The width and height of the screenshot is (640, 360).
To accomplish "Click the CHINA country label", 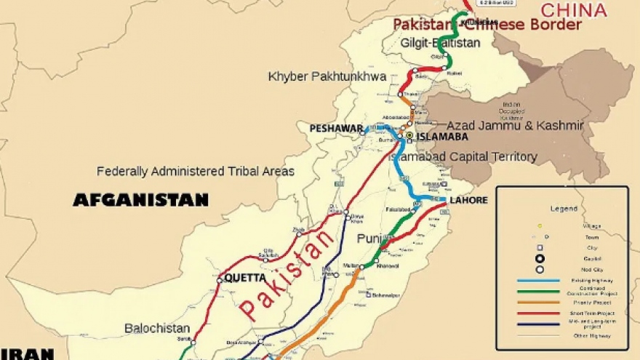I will click(x=573, y=10).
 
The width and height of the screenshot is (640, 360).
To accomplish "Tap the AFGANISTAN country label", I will click(x=140, y=200).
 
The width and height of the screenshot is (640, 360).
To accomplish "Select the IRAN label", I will click(x=26, y=354).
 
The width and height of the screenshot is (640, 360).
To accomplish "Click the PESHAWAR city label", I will click(x=336, y=129).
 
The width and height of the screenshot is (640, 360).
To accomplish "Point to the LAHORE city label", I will click(x=468, y=200).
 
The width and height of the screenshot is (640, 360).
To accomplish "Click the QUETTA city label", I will click(x=245, y=278).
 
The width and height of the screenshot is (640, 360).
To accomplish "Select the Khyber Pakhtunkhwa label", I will click(x=327, y=76).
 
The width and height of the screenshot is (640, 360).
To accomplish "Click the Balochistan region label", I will click(x=157, y=328).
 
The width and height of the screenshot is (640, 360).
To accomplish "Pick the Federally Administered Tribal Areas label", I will click(x=196, y=172).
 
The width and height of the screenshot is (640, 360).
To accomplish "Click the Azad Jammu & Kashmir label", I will click(x=515, y=126).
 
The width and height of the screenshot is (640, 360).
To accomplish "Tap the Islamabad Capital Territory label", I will click(x=463, y=156).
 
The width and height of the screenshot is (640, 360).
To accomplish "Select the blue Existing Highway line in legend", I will click(x=539, y=280).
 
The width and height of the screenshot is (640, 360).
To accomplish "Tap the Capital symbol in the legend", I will click(x=540, y=257).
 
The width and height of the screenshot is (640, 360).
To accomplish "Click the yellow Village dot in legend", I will click(x=540, y=225).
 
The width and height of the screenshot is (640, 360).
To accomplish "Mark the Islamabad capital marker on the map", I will click(x=409, y=135).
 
